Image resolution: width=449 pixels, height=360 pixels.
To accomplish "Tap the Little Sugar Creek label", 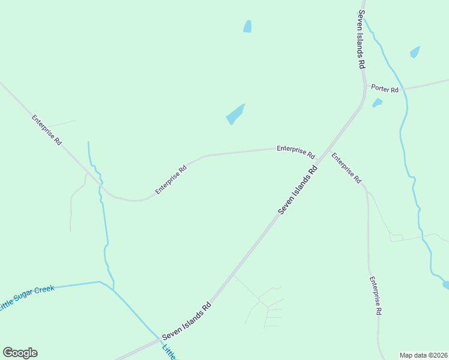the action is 27,297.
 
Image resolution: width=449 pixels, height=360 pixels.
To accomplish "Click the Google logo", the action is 20,353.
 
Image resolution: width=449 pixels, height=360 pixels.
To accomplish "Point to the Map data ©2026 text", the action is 423,355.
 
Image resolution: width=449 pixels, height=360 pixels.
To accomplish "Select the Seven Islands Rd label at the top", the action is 361,39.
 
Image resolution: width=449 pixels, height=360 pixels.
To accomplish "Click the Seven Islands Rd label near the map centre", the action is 297,190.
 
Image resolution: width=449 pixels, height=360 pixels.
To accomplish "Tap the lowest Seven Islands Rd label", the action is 187,319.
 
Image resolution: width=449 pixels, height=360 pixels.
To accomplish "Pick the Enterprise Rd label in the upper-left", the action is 47,130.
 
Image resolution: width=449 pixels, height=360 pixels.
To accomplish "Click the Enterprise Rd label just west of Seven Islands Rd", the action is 295,151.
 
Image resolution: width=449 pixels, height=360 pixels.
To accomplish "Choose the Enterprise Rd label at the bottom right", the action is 376,296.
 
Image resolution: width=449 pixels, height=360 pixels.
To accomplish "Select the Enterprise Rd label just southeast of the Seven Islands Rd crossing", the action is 346,169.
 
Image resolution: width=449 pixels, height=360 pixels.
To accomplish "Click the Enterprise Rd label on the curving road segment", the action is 171,179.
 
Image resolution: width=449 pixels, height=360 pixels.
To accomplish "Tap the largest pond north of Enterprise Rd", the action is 235,114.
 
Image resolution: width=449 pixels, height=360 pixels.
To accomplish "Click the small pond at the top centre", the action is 247,26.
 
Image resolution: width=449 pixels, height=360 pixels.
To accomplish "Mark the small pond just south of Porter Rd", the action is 377,103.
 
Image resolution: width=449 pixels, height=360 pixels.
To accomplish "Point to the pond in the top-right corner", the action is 415,52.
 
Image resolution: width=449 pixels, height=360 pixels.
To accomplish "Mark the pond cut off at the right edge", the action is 445,284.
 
